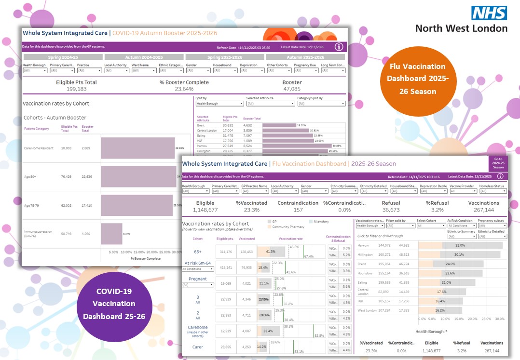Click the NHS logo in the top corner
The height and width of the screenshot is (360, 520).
(489, 13)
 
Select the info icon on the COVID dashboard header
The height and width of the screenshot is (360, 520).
(339, 47)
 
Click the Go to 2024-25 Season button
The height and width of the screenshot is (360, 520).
(498, 163)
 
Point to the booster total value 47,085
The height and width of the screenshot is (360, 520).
(291, 89)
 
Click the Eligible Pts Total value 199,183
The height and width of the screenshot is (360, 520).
(76, 89)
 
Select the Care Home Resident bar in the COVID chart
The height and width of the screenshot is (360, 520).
(138, 148)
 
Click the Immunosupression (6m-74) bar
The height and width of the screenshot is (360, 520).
(111, 234)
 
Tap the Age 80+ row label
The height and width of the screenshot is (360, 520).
(30, 176)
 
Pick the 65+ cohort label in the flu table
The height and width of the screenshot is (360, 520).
(197, 251)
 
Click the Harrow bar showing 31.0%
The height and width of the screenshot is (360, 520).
(460, 245)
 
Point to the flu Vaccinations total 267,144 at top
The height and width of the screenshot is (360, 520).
(484, 210)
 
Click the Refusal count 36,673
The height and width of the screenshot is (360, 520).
(391, 210)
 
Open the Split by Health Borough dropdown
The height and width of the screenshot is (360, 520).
(219, 104)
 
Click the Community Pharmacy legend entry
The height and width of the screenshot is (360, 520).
(287, 227)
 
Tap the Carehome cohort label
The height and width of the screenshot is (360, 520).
(197, 327)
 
